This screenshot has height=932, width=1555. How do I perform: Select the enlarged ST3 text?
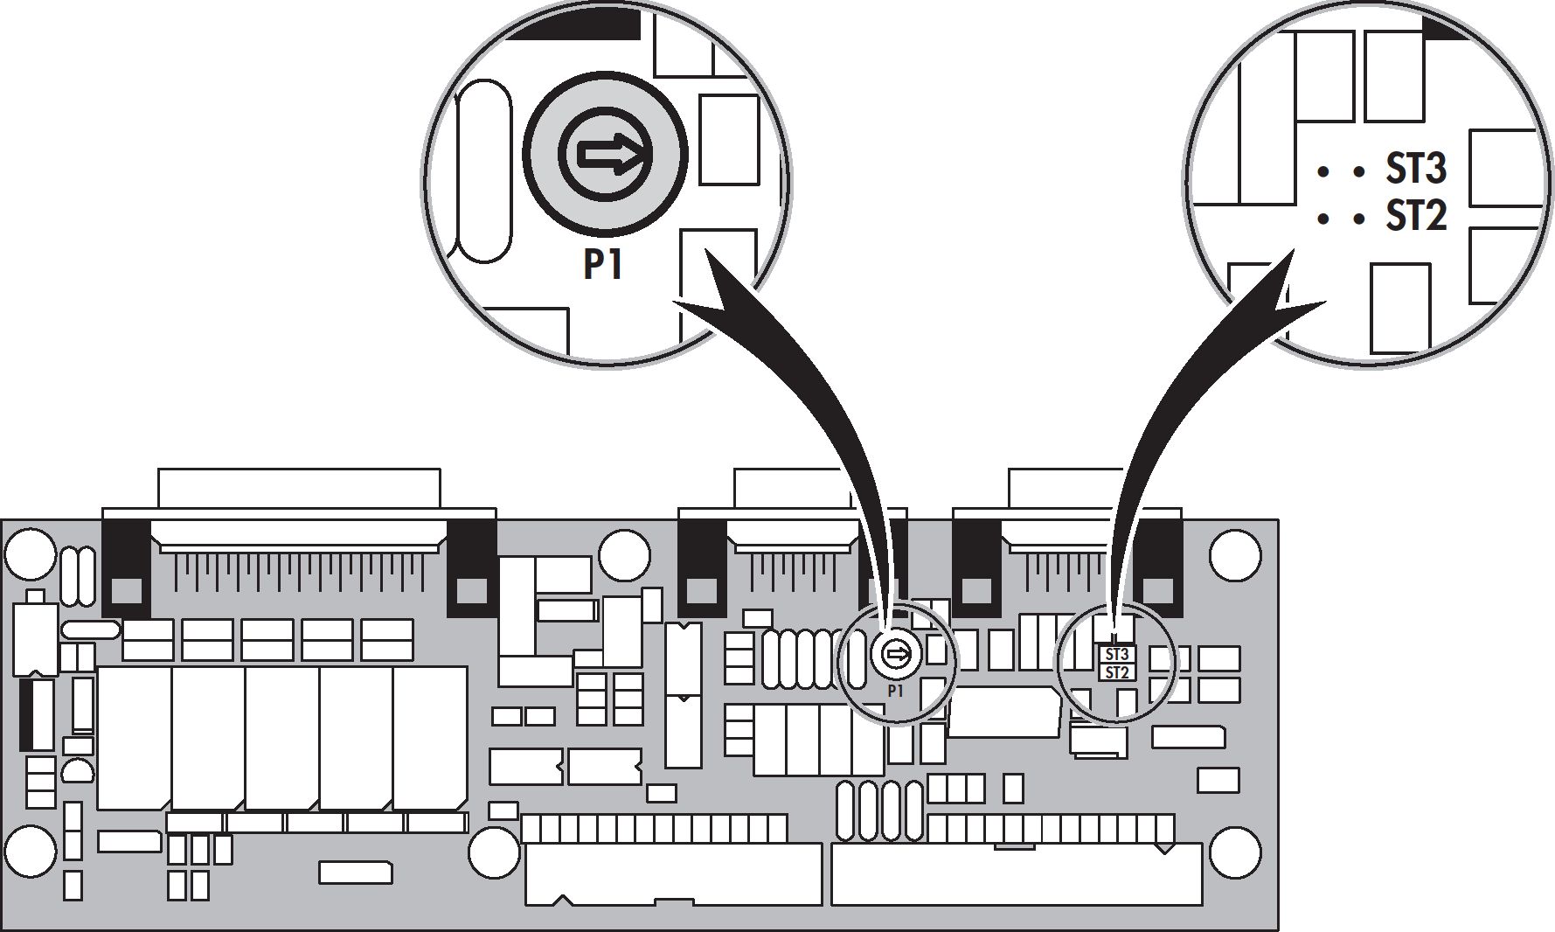pyautogui.click(x=1416, y=168)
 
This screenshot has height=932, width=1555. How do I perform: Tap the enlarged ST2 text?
pyautogui.click(x=1416, y=215)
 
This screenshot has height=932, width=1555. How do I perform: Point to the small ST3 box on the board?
pyautogui.click(x=1117, y=654)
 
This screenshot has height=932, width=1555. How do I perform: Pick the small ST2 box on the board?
pyautogui.click(x=1117, y=672)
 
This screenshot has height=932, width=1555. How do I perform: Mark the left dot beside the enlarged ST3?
pyautogui.click(x=1323, y=172)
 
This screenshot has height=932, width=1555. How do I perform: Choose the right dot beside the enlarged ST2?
pyautogui.click(x=1357, y=219)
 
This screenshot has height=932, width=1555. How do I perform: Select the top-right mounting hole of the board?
pyautogui.click(x=1235, y=553)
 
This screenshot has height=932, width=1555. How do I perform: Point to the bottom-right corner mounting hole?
pyautogui.click(x=1235, y=851)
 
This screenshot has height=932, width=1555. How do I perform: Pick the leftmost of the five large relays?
pyautogui.click(x=134, y=737)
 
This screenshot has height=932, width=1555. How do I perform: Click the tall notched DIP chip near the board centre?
pyautogui.click(x=683, y=695)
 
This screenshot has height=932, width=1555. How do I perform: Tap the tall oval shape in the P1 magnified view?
pyautogui.click(x=483, y=171)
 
